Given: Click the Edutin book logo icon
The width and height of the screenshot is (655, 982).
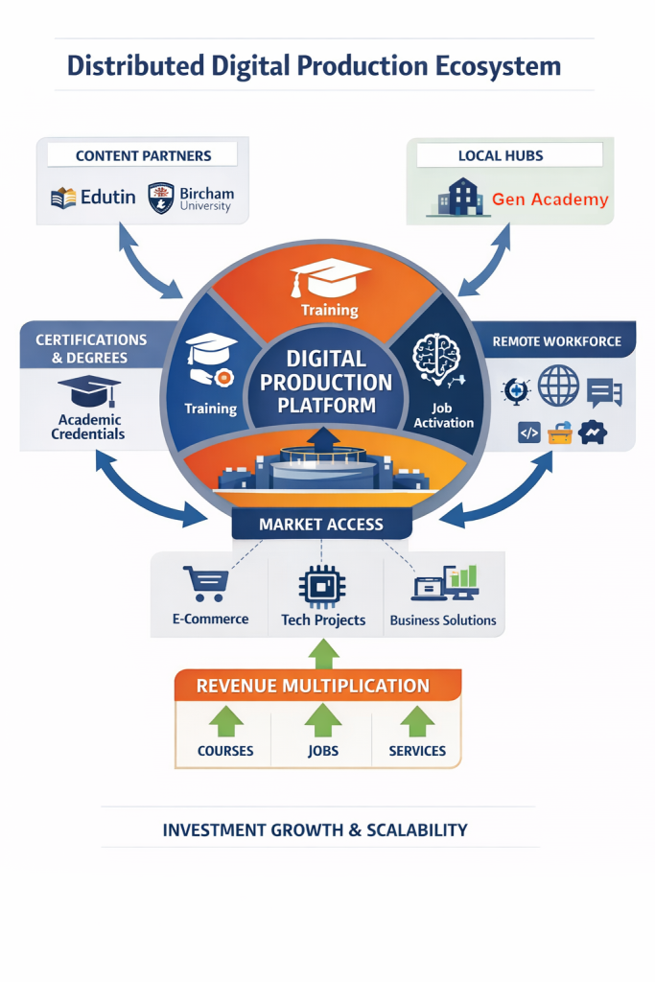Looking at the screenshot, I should pos(63,199).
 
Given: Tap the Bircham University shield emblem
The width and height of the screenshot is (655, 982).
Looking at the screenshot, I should pos(160,198).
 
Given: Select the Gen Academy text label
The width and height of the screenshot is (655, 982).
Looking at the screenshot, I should pos(550,199).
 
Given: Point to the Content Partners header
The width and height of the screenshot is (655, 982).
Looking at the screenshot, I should pos(143,155).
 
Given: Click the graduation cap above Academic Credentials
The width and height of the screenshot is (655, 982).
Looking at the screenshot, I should pos(89,391).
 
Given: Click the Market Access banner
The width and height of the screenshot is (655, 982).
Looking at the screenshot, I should pos(321,524).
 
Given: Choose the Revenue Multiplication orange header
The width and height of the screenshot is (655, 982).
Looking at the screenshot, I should pos(313,686).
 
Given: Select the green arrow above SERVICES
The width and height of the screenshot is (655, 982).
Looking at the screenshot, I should pos(417,721).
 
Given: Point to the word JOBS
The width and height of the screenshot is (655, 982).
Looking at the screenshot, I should pos(323,751).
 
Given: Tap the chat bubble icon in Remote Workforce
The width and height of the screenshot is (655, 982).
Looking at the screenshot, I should pos(604,391).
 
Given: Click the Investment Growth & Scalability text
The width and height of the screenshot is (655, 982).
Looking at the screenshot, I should pos(315,830).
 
